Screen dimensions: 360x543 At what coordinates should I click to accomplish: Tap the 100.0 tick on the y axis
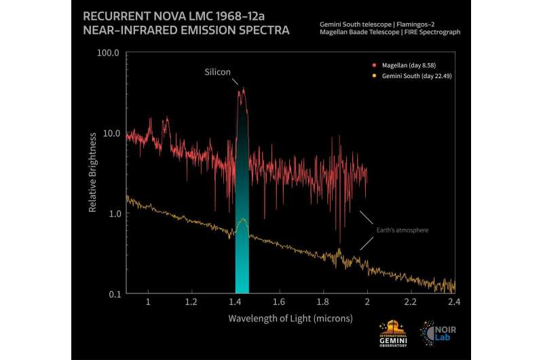(x=109, y=52)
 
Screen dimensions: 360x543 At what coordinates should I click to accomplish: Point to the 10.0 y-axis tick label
(x=110, y=133)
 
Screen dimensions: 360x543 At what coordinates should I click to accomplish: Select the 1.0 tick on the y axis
(x=113, y=213)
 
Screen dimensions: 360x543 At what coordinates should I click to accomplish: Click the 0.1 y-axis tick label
(x=113, y=293)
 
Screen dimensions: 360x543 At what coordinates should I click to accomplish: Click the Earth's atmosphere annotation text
(x=402, y=230)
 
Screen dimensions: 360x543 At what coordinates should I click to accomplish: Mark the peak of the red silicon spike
(x=242, y=88)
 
